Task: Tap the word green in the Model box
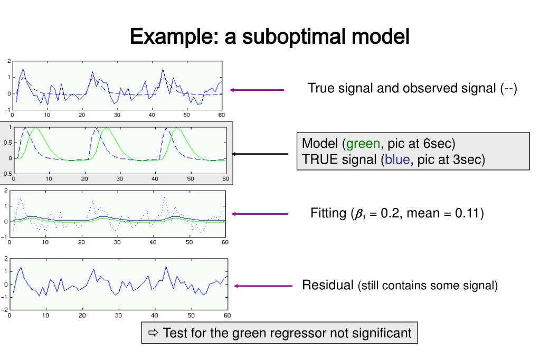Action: click(363, 144)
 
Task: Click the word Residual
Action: click(327, 286)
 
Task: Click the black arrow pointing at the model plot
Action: click(260, 154)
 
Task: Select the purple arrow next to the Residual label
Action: click(262, 286)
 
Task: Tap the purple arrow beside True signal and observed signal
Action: click(257, 90)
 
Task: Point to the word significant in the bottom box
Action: click(380, 333)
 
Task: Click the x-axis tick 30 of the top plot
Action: click(117, 115)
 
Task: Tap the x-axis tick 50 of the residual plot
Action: click(191, 316)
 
